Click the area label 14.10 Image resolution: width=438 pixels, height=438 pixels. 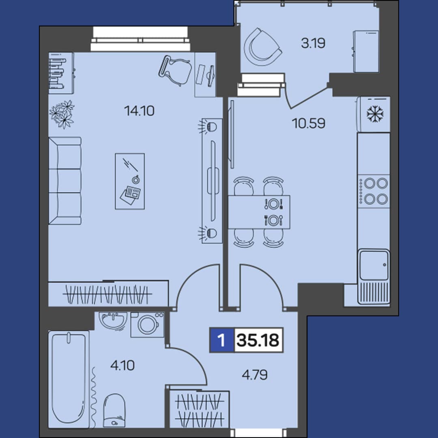139,111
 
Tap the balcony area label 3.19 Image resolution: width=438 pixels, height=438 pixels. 313,43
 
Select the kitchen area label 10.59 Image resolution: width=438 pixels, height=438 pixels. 308,123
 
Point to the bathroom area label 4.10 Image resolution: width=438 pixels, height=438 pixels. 122,365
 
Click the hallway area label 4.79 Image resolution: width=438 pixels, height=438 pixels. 254,375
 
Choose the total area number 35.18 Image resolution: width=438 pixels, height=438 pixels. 258,340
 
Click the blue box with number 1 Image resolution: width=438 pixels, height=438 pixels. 222,340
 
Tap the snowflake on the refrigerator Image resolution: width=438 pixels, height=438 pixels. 375,114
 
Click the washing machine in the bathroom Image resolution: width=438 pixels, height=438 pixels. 147,324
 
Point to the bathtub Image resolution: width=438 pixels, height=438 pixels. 69,379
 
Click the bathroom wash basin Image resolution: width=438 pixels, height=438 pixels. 114,321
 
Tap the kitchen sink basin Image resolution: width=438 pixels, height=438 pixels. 374,265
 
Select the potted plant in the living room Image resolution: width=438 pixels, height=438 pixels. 62,114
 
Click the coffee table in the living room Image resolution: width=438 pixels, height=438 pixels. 130,181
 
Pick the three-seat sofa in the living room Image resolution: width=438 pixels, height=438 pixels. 65,181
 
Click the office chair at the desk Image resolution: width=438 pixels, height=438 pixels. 175,71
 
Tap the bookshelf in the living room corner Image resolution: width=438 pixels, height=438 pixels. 61,73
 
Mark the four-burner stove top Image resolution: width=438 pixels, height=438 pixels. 374,191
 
